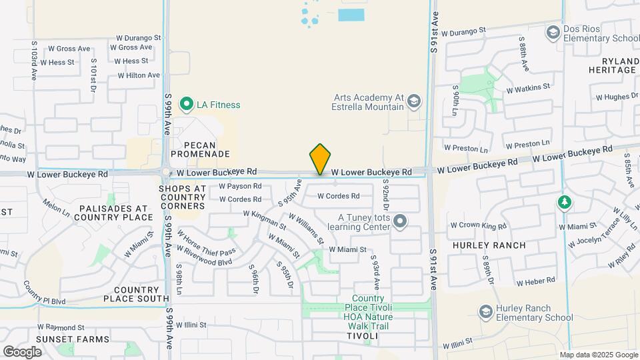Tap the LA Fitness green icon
[186, 105]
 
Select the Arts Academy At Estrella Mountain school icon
[414, 101]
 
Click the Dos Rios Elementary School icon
[552, 32]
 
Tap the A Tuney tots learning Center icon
[400, 221]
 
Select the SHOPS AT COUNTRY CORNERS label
[183, 197]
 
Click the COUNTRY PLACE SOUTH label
[137, 295]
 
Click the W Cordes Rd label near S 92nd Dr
[338, 196]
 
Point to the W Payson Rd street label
[239, 187]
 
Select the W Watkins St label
[528, 87]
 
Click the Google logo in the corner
[22, 351]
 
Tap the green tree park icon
[564, 201]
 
